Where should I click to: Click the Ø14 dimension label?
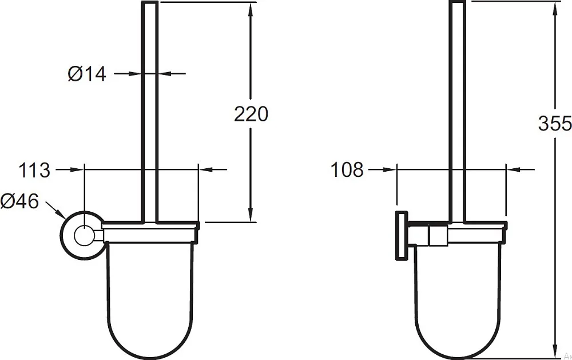pyautogui.click(x=87, y=74)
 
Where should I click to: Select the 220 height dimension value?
pyautogui.click(x=251, y=114)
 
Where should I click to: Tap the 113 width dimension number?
pyautogui.click(x=34, y=170)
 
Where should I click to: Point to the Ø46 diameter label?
pyautogui.click(x=19, y=201)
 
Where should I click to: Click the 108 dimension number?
pyautogui.click(x=347, y=170)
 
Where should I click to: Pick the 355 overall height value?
pyautogui.click(x=555, y=123)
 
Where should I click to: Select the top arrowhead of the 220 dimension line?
pyautogui.click(x=251, y=10)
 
